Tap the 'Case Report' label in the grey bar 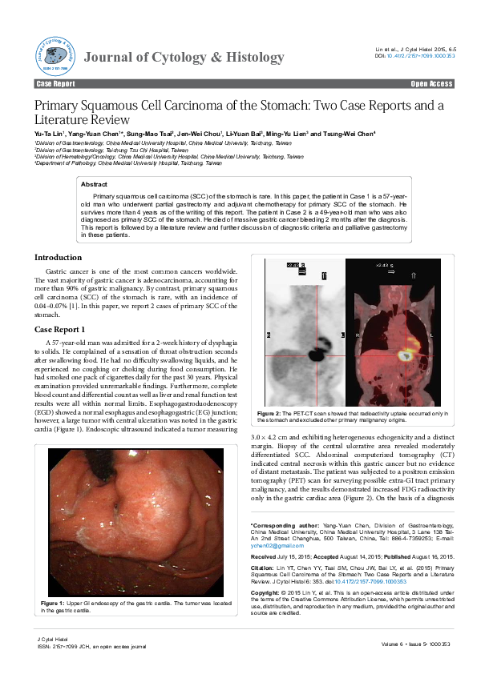[55, 83]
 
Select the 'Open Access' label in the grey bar [431, 83]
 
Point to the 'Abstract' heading [95, 184]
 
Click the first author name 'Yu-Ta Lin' [50, 134]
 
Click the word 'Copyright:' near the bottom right [267, 569]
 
